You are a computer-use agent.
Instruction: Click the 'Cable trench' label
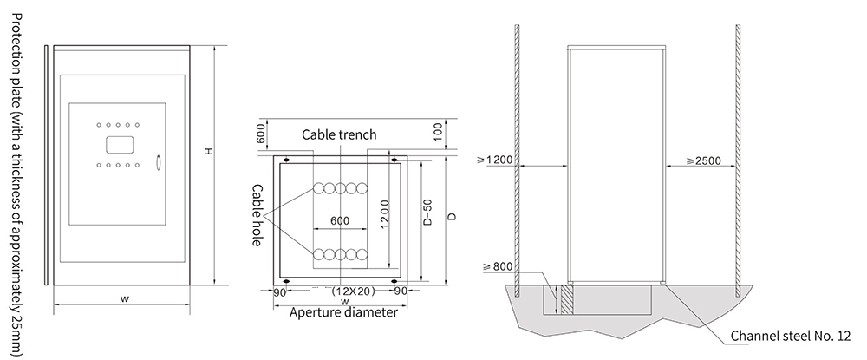[x=338, y=135]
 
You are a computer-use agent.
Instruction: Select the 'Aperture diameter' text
[x=343, y=313]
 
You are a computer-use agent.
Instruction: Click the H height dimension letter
[x=208, y=151]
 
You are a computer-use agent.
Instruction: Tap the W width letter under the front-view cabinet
[x=124, y=298]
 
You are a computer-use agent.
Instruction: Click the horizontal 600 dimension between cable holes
[x=340, y=221]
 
